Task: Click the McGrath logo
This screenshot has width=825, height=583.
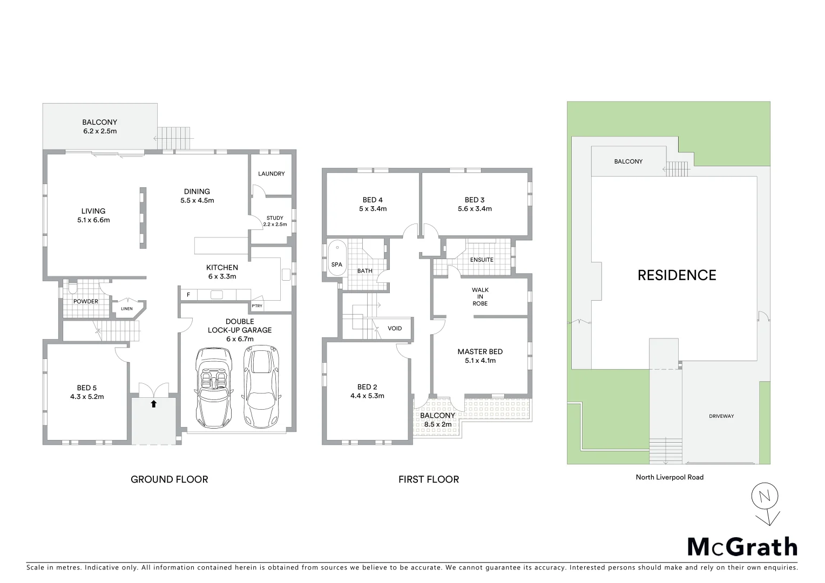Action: pyautogui.click(x=742, y=547)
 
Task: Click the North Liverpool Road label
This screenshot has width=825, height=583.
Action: pyautogui.click(x=670, y=477)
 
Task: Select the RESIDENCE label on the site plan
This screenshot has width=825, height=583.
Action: pyautogui.click(x=677, y=275)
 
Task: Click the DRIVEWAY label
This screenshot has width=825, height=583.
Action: pyautogui.click(x=721, y=416)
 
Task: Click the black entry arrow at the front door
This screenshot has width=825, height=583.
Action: pyautogui.click(x=154, y=404)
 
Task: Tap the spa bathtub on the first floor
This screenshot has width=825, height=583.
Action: pyautogui.click(x=337, y=259)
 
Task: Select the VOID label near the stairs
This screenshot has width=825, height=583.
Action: pyautogui.click(x=395, y=328)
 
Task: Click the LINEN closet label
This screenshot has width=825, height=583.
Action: pyautogui.click(x=126, y=309)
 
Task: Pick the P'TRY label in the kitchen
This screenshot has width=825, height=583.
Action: pyautogui.click(x=257, y=306)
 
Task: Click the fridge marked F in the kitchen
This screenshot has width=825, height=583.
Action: pyautogui.click(x=188, y=295)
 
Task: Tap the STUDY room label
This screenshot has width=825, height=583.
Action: pyautogui.click(x=275, y=218)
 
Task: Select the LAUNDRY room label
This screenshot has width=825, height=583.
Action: pyautogui.click(x=271, y=174)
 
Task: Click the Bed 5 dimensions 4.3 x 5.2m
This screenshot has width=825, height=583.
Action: pyautogui.click(x=87, y=397)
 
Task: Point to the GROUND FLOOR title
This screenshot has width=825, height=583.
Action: pyautogui.click(x=169, y=479)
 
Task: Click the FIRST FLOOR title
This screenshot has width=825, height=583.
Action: pyautogui.click(x=429, y=479)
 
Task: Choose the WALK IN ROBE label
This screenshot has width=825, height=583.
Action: pyautogui.click(x=480, y=296)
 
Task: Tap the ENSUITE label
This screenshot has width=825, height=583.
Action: pyautogui.click(x=482, y=260)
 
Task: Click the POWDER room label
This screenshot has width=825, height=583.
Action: pyautogui.click(x=86, y=301)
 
